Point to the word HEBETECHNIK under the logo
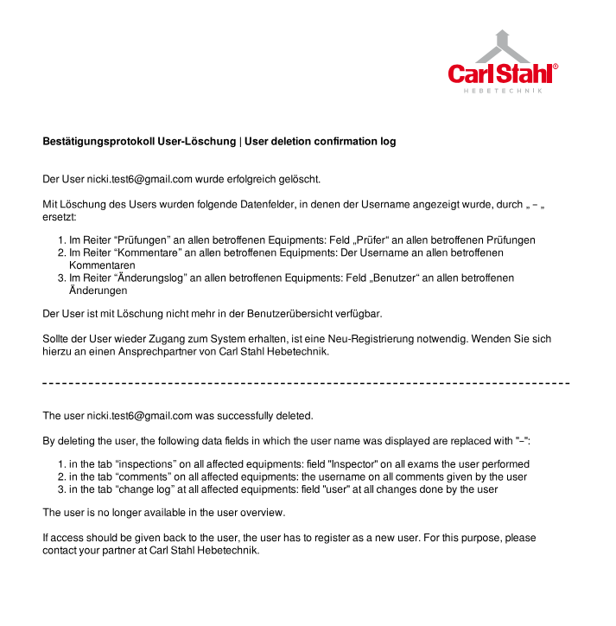pyautogui.click(x=503, y=91)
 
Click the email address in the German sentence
pyautogui.click(x=139, y=180)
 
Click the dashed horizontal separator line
pyautogui.click(x=307, y=382)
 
